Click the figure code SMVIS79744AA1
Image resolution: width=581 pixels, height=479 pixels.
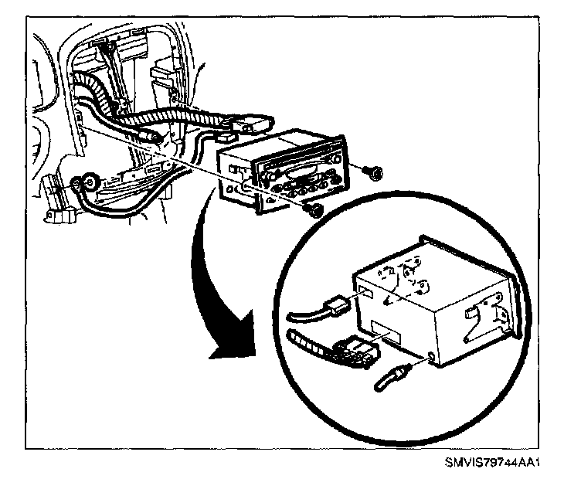[x=491, y=464]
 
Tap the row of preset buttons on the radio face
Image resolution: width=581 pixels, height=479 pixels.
[x=310, y=186]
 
